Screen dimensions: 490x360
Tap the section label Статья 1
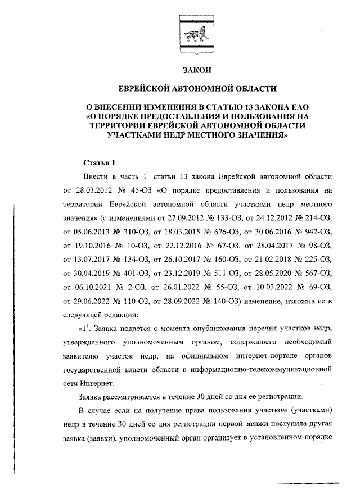100,163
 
